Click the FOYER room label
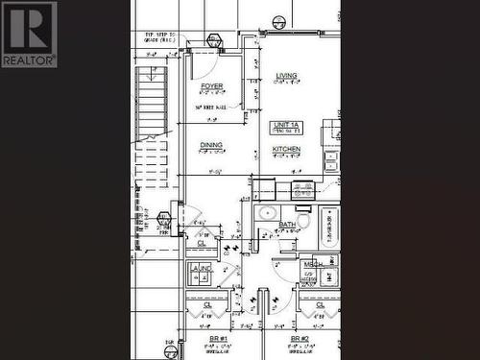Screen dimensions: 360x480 pos(211,86)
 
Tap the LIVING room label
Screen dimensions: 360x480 pos(286,75)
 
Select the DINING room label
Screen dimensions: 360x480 pos(211,145)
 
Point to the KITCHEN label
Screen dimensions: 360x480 pos(286,150)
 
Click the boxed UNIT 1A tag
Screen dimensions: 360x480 pos(287,126)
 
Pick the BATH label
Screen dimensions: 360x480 pos(287,225)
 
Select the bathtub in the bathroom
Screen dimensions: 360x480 pos(329,228)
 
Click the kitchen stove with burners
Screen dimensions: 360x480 pos(303,189)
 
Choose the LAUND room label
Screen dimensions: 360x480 pos(202,271)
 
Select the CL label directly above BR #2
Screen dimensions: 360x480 pos(320,304)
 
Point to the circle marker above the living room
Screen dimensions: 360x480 pos(279,21)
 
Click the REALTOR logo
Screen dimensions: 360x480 pos(29,35)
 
